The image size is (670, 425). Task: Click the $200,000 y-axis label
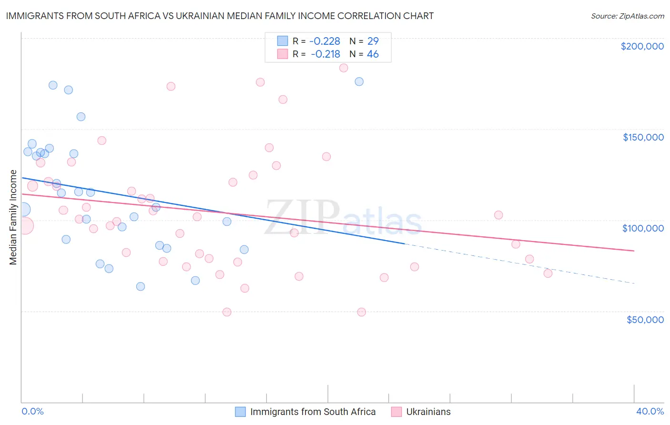[642, 46]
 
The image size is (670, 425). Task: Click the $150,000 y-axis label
[643, 137]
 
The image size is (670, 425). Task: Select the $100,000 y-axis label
[643, 228]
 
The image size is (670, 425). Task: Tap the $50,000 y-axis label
[645, 320]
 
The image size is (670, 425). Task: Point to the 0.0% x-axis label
[32, 411]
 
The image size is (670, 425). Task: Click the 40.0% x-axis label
[650, 411]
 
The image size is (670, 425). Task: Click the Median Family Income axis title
[13, 217]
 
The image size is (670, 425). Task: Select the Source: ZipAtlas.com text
[627, 16]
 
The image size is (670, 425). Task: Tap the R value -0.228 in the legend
[325, 41]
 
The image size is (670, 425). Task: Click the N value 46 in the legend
[373, 54]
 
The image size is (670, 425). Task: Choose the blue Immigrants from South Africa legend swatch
[241, 412]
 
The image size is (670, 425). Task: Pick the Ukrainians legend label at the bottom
[428, 412]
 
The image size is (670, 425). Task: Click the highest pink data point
[344, 68]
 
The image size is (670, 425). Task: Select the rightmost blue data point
[359, 81]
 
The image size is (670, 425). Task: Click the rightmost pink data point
[548, 273]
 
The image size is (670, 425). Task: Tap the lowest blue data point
[141, 286]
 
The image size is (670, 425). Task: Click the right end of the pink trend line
[634, 251]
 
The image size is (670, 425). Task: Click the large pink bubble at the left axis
[25, 226]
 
